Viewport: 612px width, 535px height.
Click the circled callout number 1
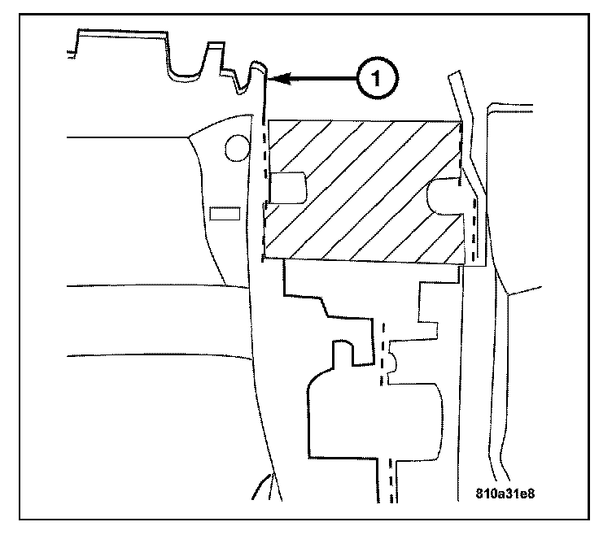(374, 79)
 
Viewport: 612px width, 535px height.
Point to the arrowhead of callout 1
(274, 79)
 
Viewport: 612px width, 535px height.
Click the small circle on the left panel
(236, 147)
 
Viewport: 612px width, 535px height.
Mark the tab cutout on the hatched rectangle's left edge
(286, 188)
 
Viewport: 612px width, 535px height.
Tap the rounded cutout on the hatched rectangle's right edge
(444, 195)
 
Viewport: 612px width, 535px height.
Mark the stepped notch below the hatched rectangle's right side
(428, 309)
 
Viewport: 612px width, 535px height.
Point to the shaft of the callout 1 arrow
(317, 79)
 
